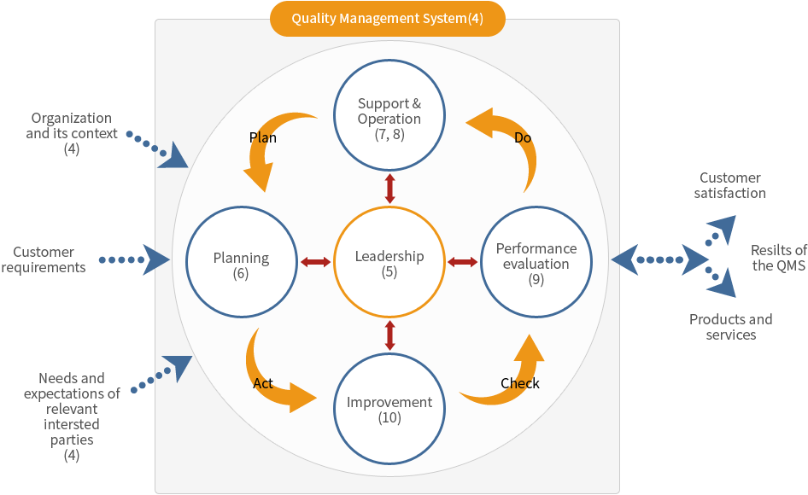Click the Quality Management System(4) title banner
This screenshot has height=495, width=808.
387,18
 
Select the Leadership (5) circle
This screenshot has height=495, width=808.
389,263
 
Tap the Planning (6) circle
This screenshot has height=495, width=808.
241,263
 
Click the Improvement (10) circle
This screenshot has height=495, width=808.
389,407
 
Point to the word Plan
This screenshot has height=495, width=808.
263,137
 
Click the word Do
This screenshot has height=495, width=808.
524,137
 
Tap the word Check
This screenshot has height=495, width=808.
520,383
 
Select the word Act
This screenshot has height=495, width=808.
263,383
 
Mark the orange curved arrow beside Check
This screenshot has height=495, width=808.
509,376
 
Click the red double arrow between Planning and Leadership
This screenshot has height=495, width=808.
315,262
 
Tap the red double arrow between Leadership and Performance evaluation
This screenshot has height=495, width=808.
463,262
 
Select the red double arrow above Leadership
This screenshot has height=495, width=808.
390,189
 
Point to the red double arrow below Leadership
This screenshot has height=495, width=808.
390,335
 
